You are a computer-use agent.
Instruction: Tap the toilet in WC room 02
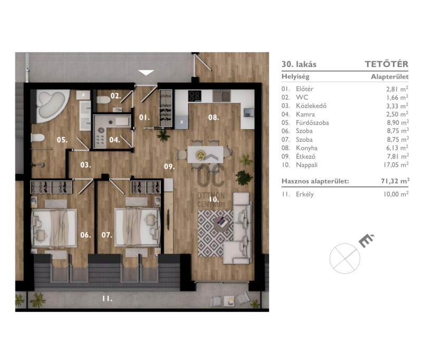[x=103, y=100]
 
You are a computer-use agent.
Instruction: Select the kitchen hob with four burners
[x=195, y=96]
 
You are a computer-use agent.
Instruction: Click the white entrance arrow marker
[x=146, y=73]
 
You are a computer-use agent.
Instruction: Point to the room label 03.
[x=85, y=165]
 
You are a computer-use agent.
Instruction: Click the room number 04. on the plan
[x=114, y=140]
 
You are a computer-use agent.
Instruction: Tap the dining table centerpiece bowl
[x=201, y=155]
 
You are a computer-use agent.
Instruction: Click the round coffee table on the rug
[x=222, y=224]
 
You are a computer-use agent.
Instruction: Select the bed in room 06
[x=54, y=228]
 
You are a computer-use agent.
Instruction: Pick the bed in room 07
[x=137, y=227]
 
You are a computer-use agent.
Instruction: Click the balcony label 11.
[x=107, y=298]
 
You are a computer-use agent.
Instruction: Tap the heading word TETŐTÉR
[x=387, y=64]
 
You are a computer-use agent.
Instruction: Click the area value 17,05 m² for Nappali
[x=396, y=164]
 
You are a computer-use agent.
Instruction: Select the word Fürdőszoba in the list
[x=312, y=123]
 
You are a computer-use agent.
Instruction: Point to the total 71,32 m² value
[x=395, y=181]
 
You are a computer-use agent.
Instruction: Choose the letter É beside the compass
[x=366, y=240]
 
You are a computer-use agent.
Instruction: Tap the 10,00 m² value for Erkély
[x=396, y=194]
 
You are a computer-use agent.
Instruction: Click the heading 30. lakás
[x=299, y=64]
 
